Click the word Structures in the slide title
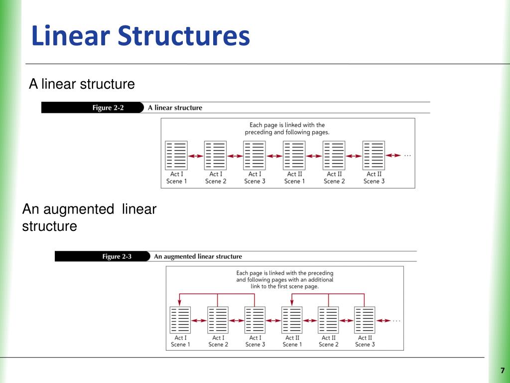pos(183,36)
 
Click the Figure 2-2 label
pos(108,108)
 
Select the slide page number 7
pos(503,371)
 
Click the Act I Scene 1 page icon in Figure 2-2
pos(176,155)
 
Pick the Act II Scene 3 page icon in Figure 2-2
pos(374,155)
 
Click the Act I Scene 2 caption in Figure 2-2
pos(216,178)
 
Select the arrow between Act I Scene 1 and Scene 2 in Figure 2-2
pos(196,156)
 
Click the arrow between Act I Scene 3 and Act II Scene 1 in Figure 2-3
pos(273,321)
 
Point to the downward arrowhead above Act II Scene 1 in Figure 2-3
pos(292,302)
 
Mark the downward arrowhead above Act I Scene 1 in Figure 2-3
pos(180,302)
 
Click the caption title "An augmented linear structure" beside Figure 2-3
pos(198,256)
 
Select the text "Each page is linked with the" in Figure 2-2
pos(287,125)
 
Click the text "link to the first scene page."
pos(285,287)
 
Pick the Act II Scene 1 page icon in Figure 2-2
pos(294,155)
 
